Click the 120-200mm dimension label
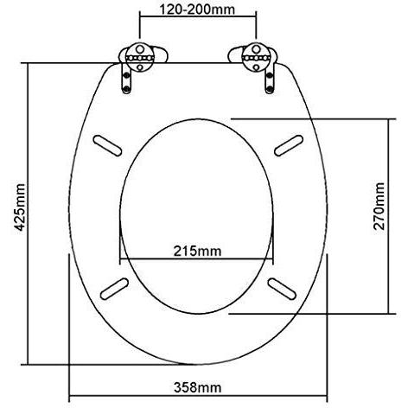(x=197, y=10)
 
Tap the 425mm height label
(x=20, y=207)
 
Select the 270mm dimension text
(x=379, y=206)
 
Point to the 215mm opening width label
(x=197, y=251)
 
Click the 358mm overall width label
(x=198, y=387)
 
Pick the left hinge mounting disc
(x=140, y=58)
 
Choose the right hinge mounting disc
(x=256, y=58)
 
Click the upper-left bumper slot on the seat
(x=107, y=145)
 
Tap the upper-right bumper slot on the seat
(x=289, y=145)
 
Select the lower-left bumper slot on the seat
(x=114, y=289)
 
